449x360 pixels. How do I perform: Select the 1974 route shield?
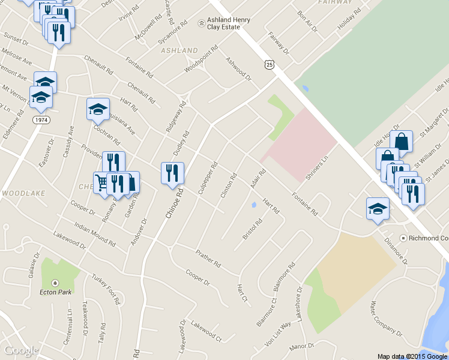[41, 120]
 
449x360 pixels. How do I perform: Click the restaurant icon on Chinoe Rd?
[172, 173]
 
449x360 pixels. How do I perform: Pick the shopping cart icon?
[101, 182]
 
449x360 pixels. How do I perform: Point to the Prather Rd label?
[208, 259]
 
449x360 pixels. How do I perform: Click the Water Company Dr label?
[385, 319]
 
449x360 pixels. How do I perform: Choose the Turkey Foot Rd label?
[106, 288]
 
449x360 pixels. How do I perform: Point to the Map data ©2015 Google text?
[412, 356]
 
